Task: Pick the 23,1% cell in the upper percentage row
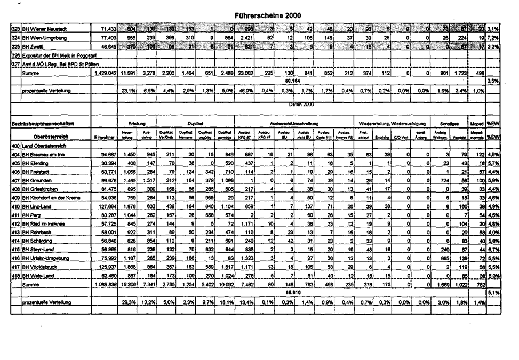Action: tap(127, 91)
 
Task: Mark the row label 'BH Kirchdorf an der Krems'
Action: tap(51, 197)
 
